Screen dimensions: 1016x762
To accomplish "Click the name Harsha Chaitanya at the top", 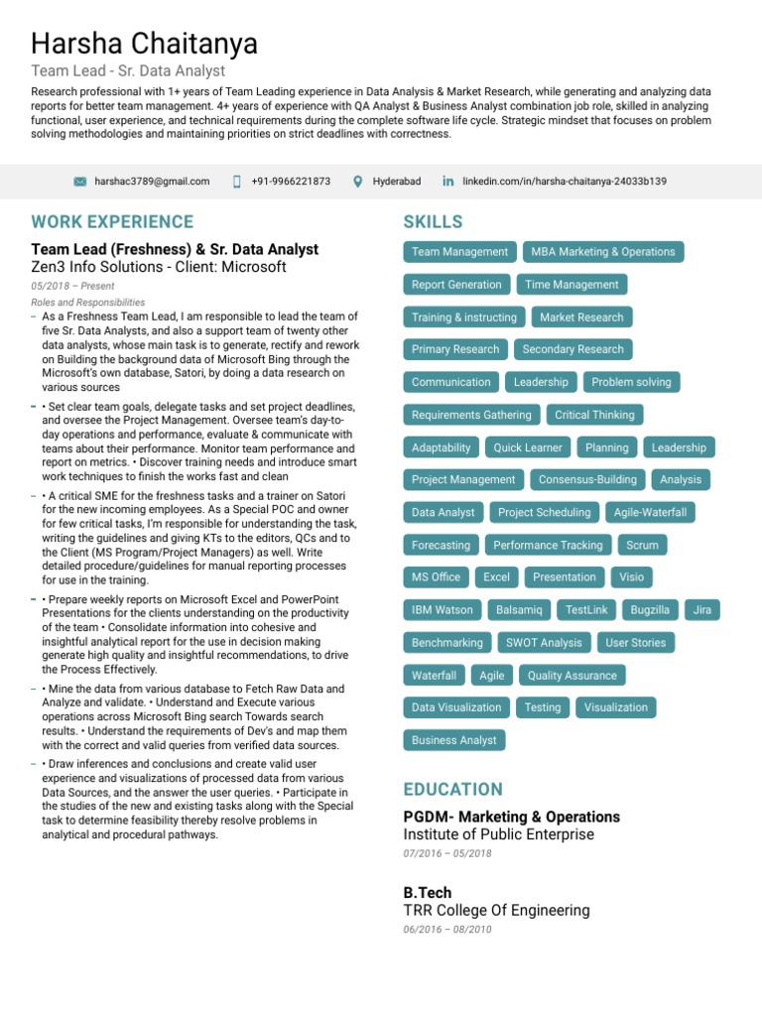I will coord(144,44).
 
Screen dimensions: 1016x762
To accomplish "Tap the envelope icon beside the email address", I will coord(80,182).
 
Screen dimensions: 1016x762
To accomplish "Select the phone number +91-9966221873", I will coord(291,182).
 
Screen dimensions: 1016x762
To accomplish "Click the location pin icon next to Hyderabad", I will coord(358,182).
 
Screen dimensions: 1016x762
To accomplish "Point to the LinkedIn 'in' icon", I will coord(448,182).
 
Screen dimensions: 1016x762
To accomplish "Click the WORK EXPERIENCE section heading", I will coord(112,221).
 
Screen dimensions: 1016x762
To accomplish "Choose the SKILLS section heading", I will coord(433,221).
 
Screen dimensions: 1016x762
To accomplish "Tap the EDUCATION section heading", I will coord(452,789).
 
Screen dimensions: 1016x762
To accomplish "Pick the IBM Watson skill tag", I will coord(443,610).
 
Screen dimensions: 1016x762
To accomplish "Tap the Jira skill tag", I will coord(701,610).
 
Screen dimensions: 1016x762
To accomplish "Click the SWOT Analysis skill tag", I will coord(544,643).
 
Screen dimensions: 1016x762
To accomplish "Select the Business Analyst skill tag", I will coord(454,740).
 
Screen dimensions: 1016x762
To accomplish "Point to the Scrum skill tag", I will coord(642,545).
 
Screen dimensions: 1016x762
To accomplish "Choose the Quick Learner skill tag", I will coord(528,447).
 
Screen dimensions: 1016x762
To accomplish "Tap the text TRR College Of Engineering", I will coord(496,910).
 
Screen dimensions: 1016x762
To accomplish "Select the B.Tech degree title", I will coord(427,893).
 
